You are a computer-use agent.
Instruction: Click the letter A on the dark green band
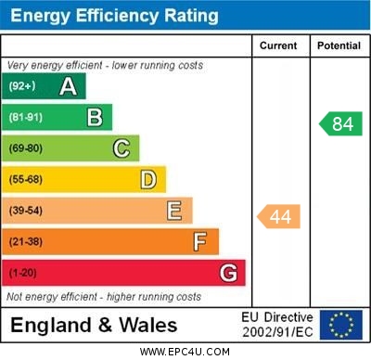68,86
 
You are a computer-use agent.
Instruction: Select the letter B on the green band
95,117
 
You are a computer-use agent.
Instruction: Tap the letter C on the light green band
122,148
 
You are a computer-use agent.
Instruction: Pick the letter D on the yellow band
148,179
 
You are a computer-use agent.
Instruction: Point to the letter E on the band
174,211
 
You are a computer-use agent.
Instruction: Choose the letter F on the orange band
200,242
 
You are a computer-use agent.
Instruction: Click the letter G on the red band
228,273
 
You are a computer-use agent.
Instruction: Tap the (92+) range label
22,86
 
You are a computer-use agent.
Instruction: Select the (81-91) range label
26,117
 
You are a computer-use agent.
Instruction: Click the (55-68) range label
26,179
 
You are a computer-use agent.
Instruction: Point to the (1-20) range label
23,273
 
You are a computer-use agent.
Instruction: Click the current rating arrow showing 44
278,217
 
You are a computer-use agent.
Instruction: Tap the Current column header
278,45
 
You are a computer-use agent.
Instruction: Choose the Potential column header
339,45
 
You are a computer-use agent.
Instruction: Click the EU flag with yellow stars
341,325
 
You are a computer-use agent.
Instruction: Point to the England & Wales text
93,325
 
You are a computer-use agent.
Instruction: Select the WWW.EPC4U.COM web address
185,353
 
